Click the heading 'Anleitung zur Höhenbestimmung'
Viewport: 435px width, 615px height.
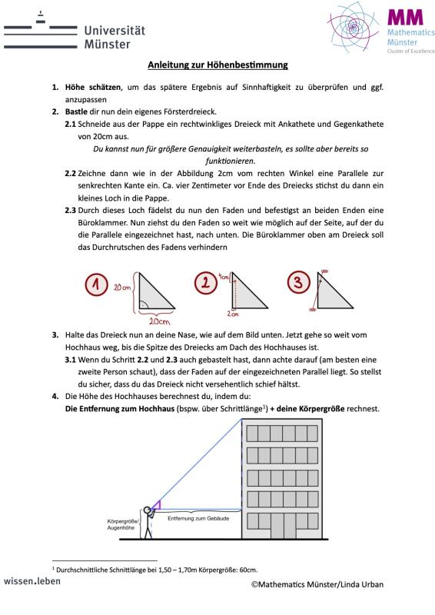217,65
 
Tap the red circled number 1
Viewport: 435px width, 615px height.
96,284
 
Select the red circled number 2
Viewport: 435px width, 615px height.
205,283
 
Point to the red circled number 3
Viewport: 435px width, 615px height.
298,282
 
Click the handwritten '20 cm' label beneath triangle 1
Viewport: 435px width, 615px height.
159,321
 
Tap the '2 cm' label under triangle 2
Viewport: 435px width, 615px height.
233,314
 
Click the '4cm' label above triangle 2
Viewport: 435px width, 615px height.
224,277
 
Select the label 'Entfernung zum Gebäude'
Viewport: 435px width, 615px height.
198,518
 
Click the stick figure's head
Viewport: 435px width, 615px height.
147,510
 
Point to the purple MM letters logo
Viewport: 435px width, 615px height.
406,18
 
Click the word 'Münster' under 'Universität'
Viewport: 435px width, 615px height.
107,45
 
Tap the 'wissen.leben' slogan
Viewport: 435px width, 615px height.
32,581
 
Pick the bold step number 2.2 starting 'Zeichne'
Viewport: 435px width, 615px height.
70,174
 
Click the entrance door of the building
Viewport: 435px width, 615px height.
277,526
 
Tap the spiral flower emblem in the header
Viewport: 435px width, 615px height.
353,27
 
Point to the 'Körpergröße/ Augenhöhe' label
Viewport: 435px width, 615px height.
122,524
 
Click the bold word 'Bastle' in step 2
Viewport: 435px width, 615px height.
76,111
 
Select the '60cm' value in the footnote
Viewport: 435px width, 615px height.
249,570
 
